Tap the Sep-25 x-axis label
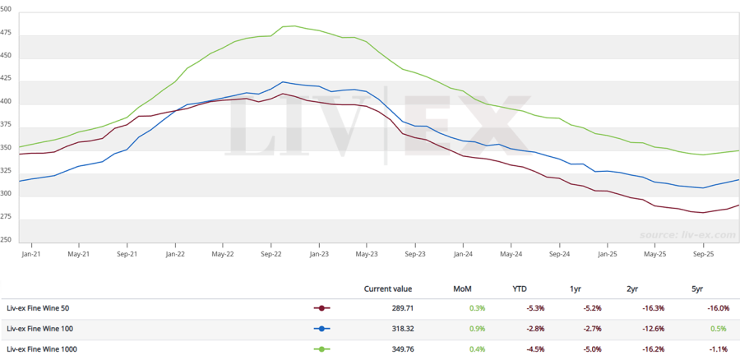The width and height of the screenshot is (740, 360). pyautogui.click(x=703, y=255)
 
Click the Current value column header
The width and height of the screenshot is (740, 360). pyautogui.click(x=388, y=288)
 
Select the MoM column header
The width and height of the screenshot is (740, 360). pyautogui.click(x=462, y=288)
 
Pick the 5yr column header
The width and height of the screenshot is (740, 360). pyautogui.click(x=698, y=288)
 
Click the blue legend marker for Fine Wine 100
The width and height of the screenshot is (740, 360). pyautogui.click(x=321, y=329)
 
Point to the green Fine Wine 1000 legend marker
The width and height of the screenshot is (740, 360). pyautogui.click(x=321, y=349)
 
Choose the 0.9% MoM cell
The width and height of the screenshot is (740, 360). pyautogui.click(x=478, y=329)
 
